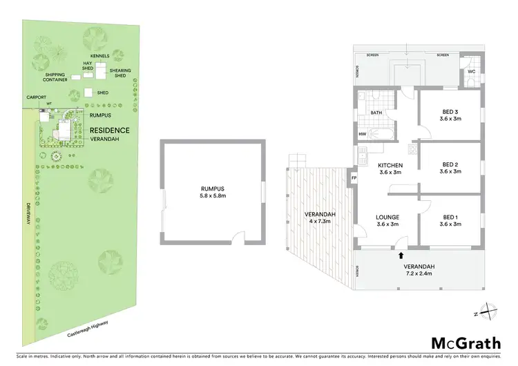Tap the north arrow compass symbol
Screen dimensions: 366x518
pyautogui.click(x=486, y=311)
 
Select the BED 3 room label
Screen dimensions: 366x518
pyautogui.click(x=450, y=115)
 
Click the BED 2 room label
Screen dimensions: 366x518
pyautogui.click(x=450, y=168)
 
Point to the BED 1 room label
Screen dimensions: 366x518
pyautogui.click(x=450, y=220)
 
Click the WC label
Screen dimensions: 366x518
pyautogui.click(x=471, y=72)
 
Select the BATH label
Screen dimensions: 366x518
pyautogui.click(x=376, y=112)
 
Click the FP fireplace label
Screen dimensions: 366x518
pyautogui.click(x=354, y=178)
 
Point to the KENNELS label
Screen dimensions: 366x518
pyautogui.click(x=101, y=55)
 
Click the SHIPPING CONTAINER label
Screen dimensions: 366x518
pyautogui.click(x=57, y=77)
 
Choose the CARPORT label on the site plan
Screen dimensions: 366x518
pyautogui.click(x=37, y=97)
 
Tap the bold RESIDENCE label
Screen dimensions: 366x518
pyautogui.click(x=109, y=129)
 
